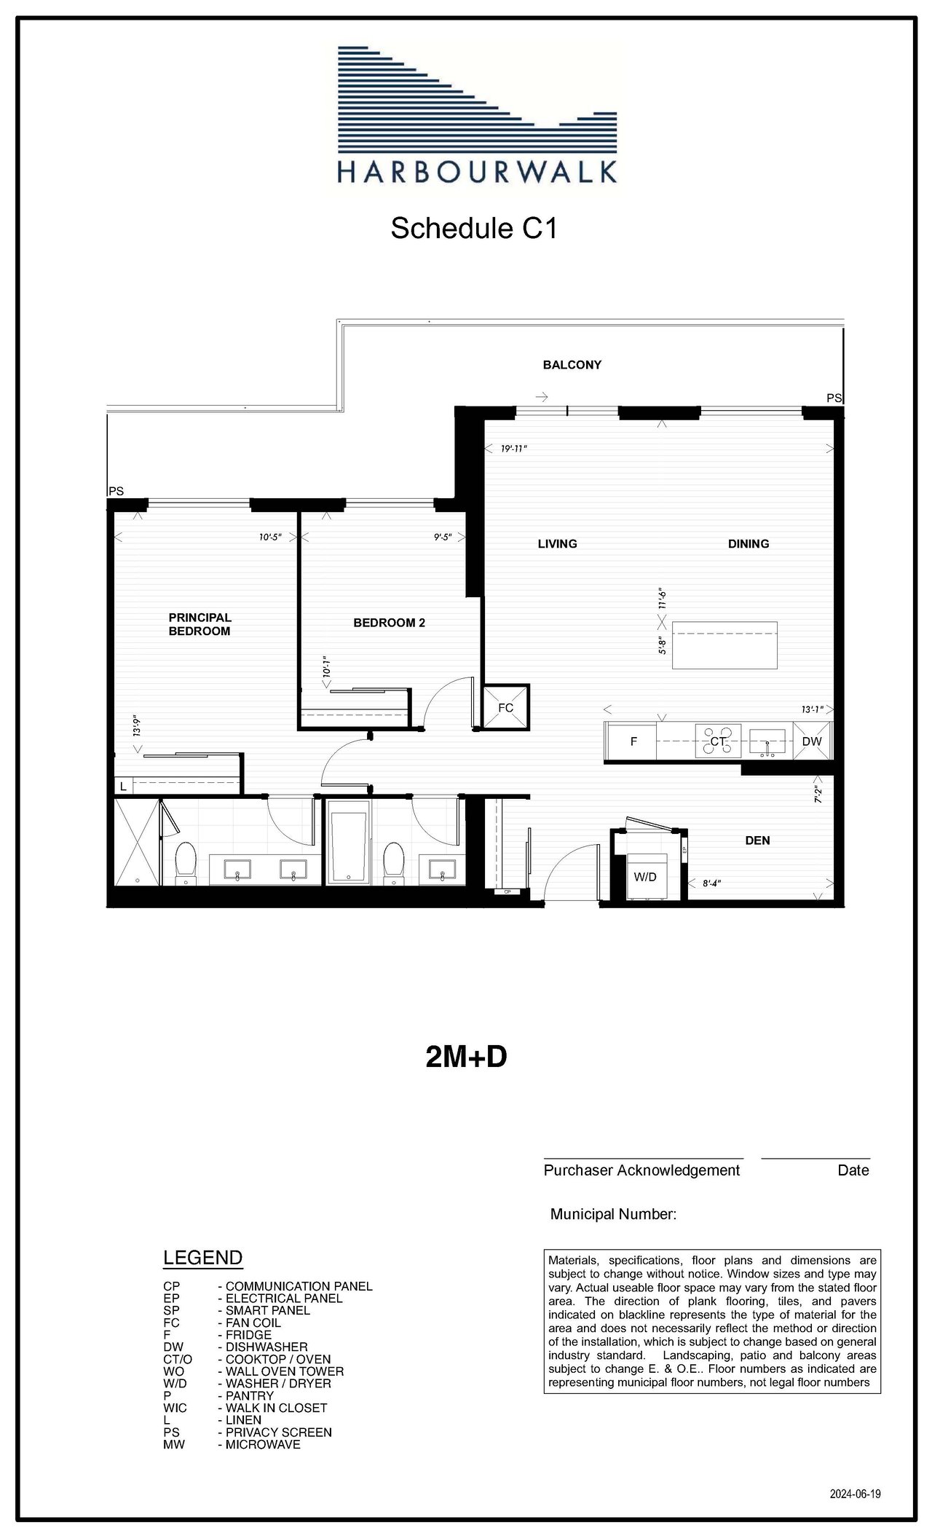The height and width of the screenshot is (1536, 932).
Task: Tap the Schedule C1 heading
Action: tap(474, 228)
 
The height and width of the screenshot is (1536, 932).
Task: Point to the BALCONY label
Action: tap(572, 365)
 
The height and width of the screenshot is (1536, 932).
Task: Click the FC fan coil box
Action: tap(506, 706)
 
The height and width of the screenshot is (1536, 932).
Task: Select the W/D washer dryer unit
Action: tap(645, 877)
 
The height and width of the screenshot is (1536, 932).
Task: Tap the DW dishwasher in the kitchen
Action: tap(812, 741)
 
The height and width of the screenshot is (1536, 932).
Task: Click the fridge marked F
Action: tap(633, 741)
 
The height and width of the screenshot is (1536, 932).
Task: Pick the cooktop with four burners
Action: tap(718, 741)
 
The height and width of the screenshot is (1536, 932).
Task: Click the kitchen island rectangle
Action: tap(724, 645)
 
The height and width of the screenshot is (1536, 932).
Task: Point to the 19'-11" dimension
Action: tap(514, 449)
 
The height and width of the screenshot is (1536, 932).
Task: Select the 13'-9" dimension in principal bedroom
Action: tap(135, 726)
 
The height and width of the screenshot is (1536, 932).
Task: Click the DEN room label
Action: tap(757, 840)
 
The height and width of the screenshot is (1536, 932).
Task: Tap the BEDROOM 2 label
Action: tap(389, 623)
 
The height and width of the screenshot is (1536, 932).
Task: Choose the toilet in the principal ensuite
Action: tap(186, 863)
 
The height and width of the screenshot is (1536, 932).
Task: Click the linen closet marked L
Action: tap(123, 787)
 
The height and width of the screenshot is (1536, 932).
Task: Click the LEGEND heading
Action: tap(203, 1258)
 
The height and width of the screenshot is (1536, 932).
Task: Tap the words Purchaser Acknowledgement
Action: tap(641, 1170)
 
